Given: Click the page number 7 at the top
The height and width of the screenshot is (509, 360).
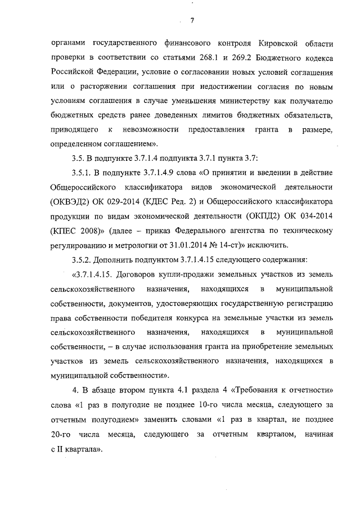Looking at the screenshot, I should (x=192, y=21).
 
